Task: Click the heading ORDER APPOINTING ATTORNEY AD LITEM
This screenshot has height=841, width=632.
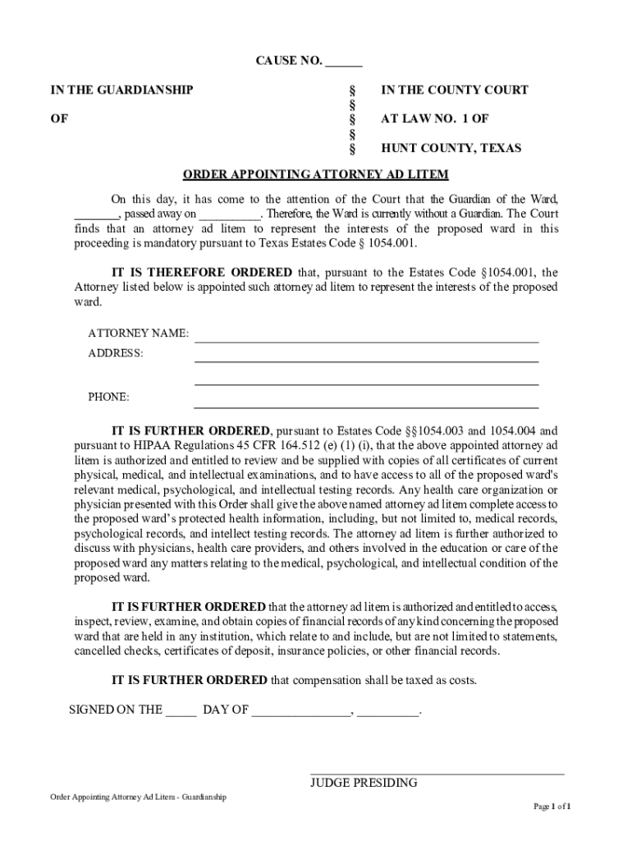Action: coord(315,175)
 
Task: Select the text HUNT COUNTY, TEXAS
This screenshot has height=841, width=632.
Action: coord(451,149)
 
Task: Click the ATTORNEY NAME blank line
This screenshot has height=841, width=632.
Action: coord(366,337)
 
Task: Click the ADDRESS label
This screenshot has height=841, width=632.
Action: coord(116,353)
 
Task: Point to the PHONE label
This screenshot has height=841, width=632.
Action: coord(108,398)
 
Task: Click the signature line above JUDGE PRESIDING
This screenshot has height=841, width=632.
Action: coord(437,772)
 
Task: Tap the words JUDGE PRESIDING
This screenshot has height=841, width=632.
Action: coord(364,783)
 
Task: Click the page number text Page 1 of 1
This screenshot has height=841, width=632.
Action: coord(552,807)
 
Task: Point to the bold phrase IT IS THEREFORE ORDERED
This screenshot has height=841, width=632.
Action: coord(201,273)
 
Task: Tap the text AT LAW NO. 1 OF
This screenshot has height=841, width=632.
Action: coord(434,119)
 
